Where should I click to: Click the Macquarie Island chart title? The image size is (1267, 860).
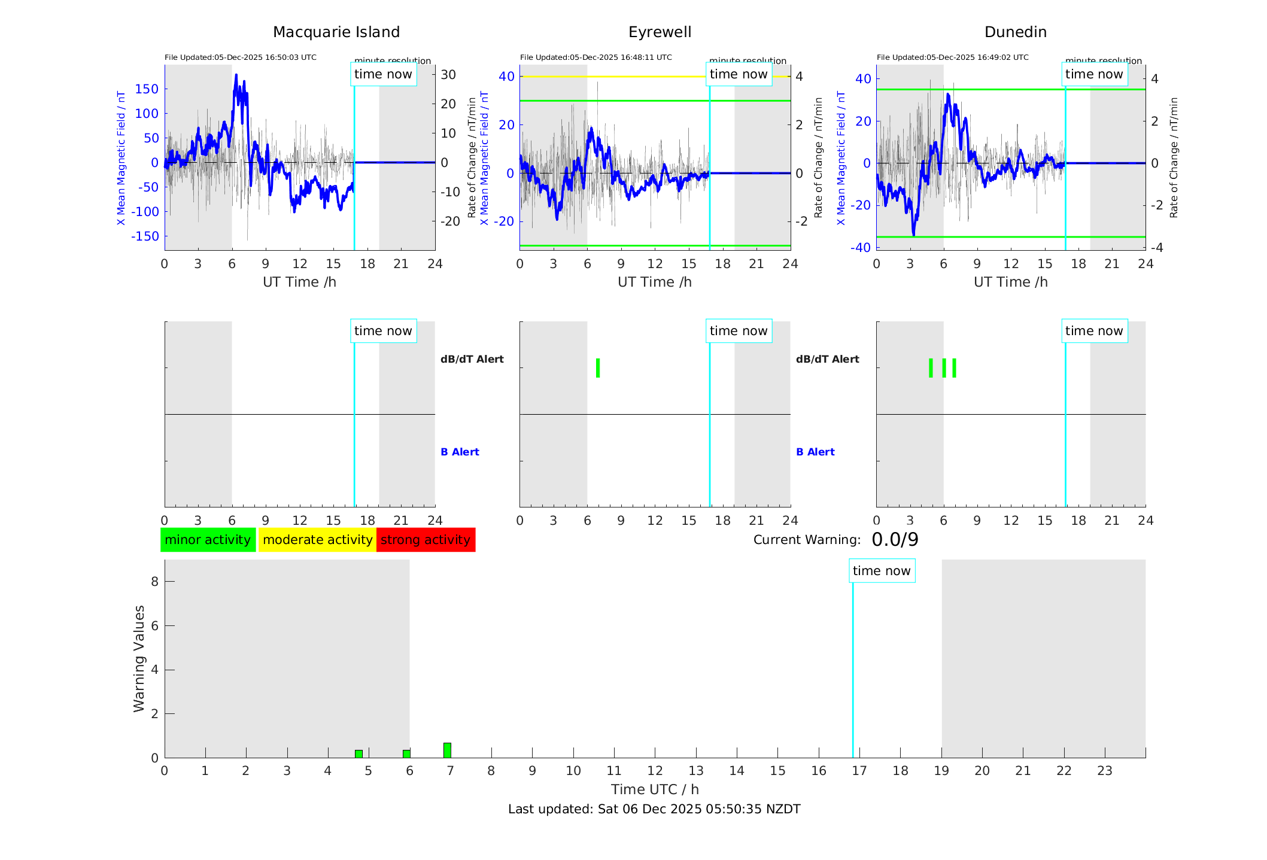click(336, 32)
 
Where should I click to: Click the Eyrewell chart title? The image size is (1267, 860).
click(660, 32)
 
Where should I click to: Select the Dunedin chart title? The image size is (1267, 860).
click(1015, 32)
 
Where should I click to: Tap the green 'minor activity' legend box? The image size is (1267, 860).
click(208, 540)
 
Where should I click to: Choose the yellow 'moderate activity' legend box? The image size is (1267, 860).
click(317, 540)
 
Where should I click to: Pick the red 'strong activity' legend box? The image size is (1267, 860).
click(426, 540)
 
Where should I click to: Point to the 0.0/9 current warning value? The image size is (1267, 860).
click(895, 540)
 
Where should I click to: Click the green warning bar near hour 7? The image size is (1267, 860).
click(447, 750)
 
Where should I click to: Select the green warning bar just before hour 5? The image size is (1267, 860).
click(358, 754)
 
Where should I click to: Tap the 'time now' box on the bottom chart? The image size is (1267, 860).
click(882, 571)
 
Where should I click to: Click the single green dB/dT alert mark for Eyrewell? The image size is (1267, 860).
click(598, 368)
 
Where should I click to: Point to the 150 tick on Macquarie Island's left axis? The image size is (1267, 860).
click(147, 89)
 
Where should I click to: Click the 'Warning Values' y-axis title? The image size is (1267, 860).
click(139, 658)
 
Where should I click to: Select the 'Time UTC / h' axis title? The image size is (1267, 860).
click(655, 789)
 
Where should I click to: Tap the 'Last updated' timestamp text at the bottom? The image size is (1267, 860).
click(654, 809)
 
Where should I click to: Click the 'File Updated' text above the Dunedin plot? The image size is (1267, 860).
click(952, 57)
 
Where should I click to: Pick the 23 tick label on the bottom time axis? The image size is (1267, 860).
click(1104, 771)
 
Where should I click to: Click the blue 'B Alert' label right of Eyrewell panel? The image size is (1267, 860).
click(815, 452)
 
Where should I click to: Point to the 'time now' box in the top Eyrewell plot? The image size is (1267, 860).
click(739, 74)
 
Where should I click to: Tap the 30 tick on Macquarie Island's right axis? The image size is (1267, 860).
click(448, 75)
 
